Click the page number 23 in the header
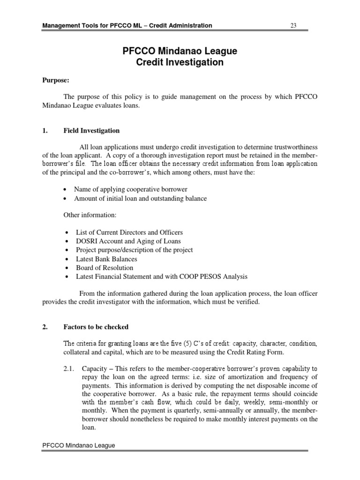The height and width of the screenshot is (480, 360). pos(293,25)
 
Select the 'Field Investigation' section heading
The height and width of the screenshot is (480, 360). pos(91,131)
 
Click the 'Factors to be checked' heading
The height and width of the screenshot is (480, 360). pos(96,327)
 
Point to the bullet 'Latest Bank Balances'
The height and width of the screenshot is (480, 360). pos(106,259)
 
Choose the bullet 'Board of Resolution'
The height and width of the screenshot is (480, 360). pos(105,268)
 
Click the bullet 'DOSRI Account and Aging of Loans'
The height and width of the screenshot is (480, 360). pos(128,241)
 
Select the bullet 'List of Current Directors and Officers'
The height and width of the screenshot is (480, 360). pos(129,232)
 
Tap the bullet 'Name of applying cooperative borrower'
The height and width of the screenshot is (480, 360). pos(131,189)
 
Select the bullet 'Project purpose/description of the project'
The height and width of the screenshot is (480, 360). pos(134,250)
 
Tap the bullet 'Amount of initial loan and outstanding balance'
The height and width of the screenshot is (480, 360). pos(140,198)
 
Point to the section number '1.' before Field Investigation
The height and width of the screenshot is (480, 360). pos(45,131)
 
